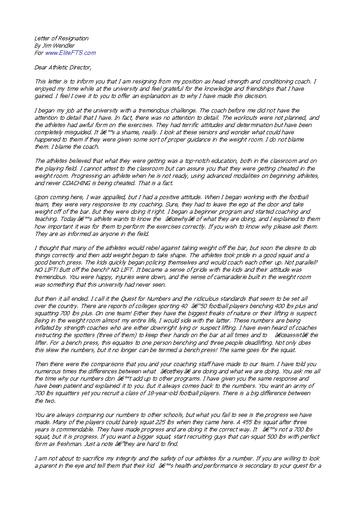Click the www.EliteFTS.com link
pyautogui.click(x=70, y=53)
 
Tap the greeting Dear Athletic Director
pyautogui.click(x=63, y=67)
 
